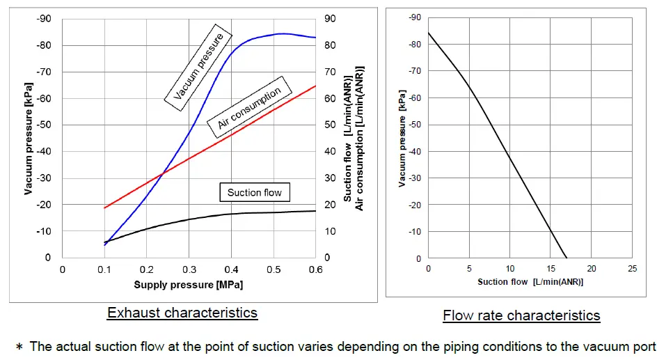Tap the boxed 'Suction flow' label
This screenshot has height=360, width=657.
(x=254, y=192)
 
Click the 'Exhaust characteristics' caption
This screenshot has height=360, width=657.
(x=182, y=313)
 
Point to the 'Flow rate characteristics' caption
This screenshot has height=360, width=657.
(x=521, y=315)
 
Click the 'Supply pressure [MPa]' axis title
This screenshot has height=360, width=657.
(x=188, y=284)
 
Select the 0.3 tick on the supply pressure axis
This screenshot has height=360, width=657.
(x=189, y=270)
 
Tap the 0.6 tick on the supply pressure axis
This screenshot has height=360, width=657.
(x=315, y=270)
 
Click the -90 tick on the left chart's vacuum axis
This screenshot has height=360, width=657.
(x=43, y=19)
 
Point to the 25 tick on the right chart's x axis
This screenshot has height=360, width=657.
(x=633, y=269)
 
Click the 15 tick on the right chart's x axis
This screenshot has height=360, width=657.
(x=551, y=269)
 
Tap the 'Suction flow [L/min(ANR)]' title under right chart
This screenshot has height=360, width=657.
(x=530, y=282)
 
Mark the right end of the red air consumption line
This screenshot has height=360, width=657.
(x=315, y=86)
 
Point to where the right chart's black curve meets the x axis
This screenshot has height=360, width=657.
(x=567, y=258)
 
